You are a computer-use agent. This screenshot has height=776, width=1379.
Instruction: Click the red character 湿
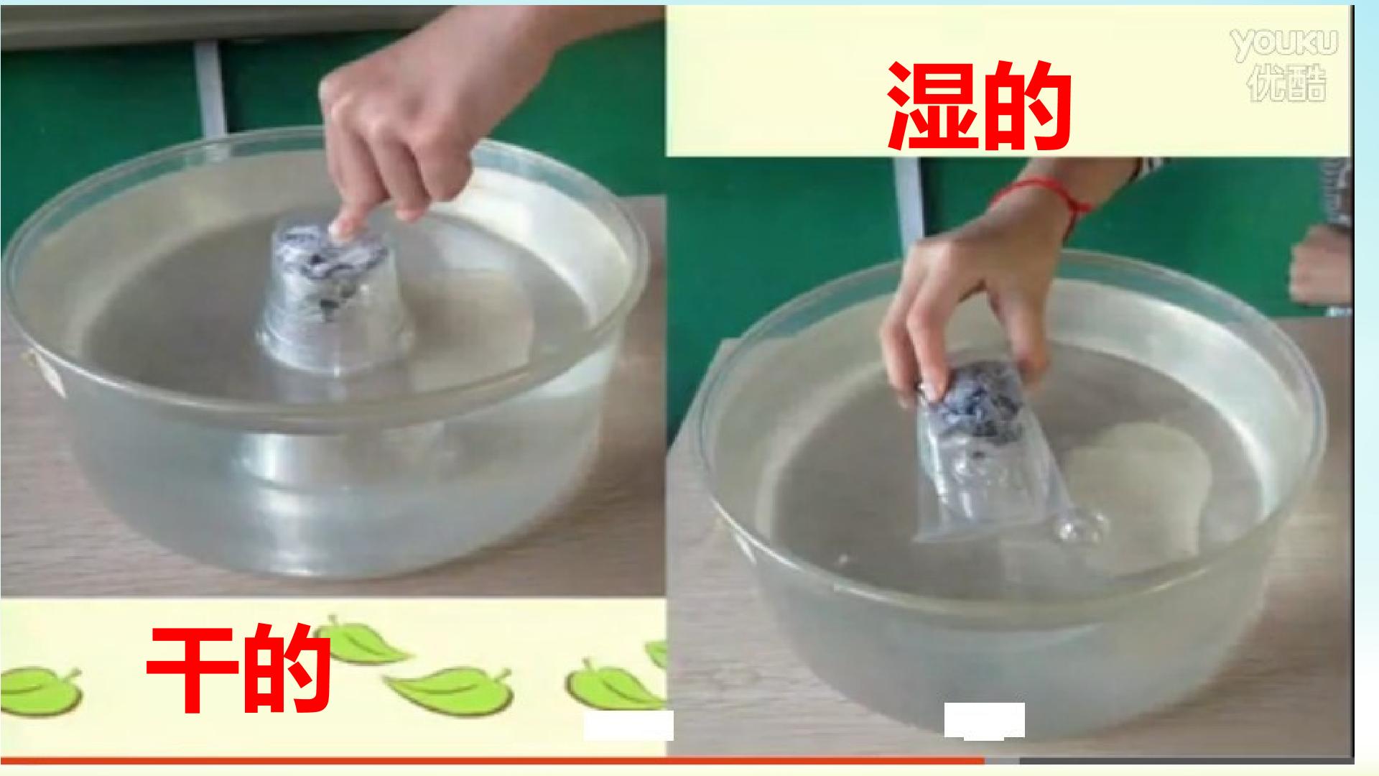[932, 106]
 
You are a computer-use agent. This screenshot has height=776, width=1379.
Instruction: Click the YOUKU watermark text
[1285, 44]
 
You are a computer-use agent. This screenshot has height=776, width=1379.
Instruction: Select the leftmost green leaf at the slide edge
[40, 685]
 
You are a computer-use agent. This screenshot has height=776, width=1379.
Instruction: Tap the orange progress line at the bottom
[492, 760]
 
